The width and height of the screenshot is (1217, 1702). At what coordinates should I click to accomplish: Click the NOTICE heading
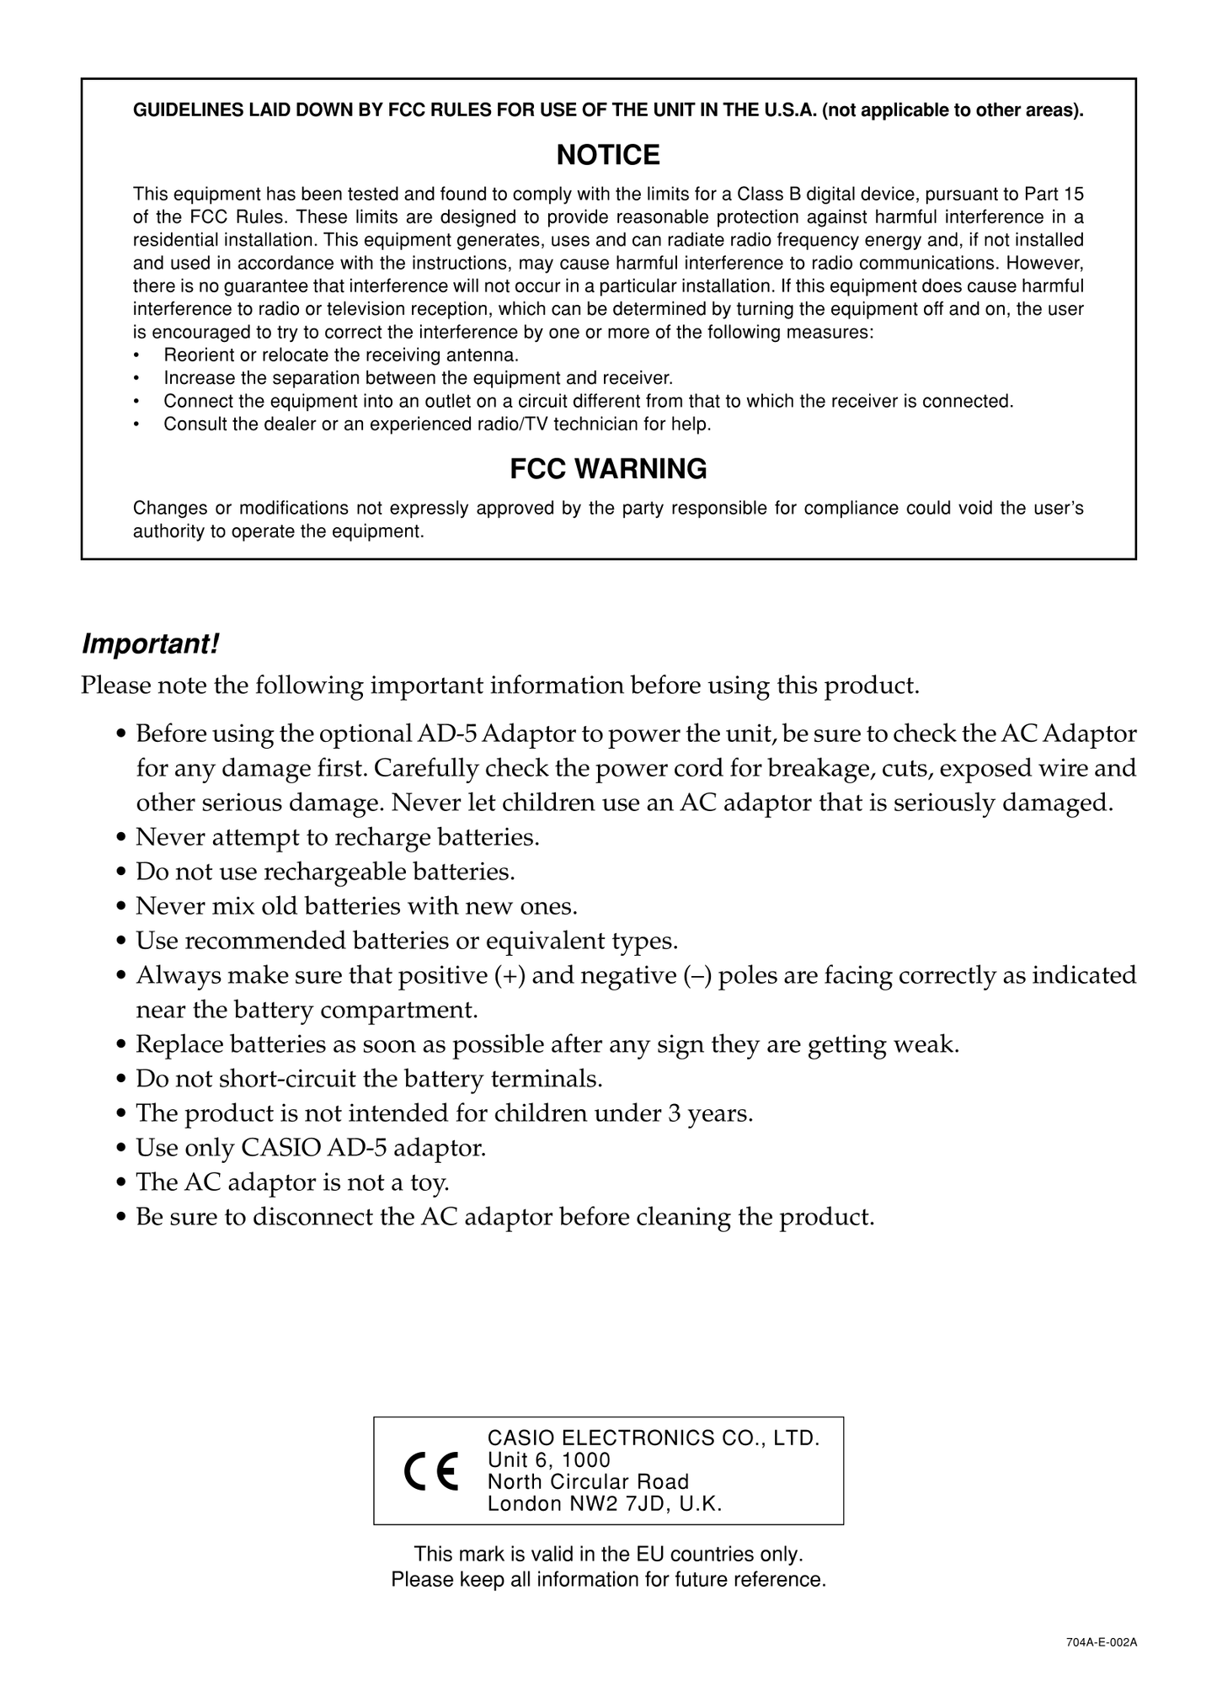pyautogui.click(x=608, y=156)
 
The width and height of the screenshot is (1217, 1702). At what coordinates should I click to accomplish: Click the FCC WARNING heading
pyautogui.click(x=608, y=469)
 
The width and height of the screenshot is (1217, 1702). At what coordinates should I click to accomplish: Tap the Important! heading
pyautogui.click(x=150, y=645)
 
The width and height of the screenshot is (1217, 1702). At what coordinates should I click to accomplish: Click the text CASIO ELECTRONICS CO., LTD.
pyautogui.click(x=654, y=1438)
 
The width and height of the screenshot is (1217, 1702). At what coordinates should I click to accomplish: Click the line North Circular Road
pyautogui.click(x=588, y=1482)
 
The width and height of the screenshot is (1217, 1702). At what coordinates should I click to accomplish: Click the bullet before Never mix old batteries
pyautogui.click(x=122, y=907)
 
